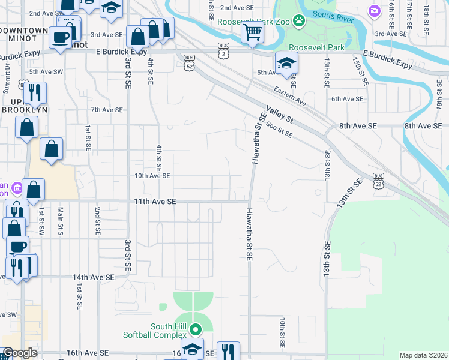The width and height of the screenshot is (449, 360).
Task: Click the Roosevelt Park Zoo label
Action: click(x=255, y=21)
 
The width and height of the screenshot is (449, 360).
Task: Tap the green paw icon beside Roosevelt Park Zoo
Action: click(x=298, y=21)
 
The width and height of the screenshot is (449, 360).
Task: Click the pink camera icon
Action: click(x=375, y=10)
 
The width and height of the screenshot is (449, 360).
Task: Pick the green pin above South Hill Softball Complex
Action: click(x=195, y=329)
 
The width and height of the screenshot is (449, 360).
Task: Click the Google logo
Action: click(x=19, y=353)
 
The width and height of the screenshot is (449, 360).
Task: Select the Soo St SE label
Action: click(x=279, y=130)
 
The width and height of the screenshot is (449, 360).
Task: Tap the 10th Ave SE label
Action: click(x=152, y=176)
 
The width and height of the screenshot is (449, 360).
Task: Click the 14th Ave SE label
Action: click(x=93, y=277)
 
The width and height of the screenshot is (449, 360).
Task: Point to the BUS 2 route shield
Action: click(x=224, y=49)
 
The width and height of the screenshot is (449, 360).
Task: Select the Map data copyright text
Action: click(x=423, y=355)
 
